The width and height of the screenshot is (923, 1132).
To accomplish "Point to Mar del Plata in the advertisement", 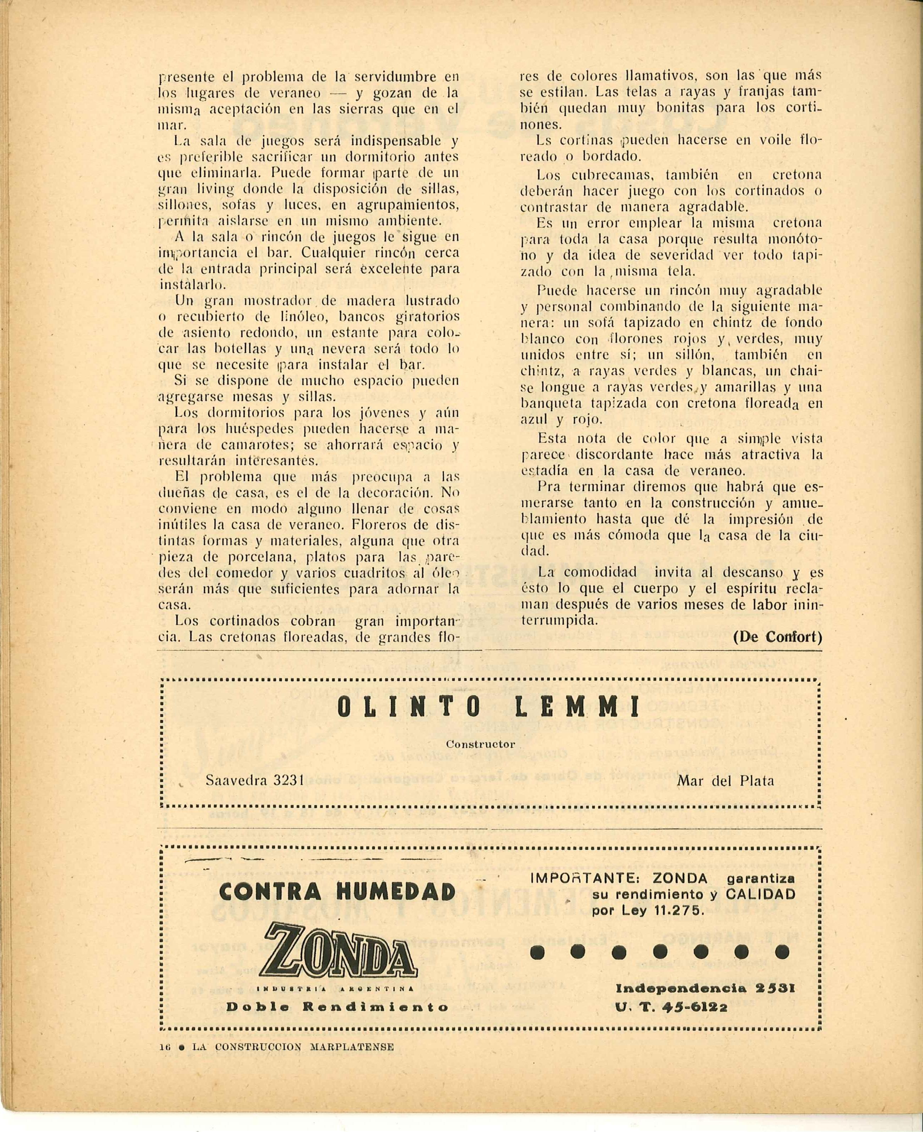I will (x=725, y=781).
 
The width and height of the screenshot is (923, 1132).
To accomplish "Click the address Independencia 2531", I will (x=705, y=989).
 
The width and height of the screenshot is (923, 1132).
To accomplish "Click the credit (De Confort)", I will (x=777, y=637).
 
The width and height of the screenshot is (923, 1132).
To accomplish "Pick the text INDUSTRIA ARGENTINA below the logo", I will (x=336, y=989).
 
